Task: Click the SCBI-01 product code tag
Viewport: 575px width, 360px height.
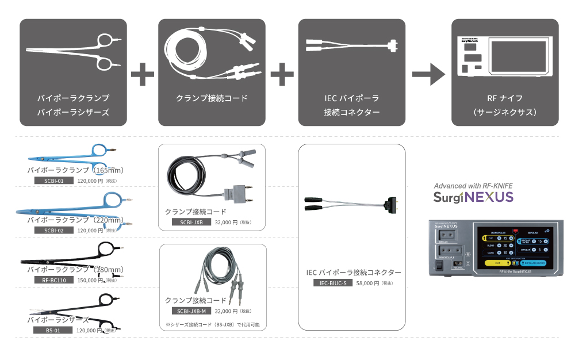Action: [x=50, y=181]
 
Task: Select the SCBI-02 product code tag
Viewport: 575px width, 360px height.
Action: [x=50, y=230]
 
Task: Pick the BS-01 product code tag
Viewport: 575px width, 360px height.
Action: [x=50, y=330]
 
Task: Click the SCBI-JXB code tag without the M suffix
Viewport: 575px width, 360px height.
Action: [x=190, y=222]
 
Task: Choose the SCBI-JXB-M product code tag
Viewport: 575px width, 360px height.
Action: [x=191, y=311]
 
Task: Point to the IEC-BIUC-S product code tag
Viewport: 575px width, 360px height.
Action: [x=332, y=283]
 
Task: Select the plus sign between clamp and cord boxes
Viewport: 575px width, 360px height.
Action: [x=143, y=73]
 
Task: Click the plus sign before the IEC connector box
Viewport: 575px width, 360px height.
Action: [x=282, y=73]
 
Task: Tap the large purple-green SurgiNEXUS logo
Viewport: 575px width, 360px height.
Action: [x=473, y=197]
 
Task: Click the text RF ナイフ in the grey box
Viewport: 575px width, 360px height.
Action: [x=504, y=98]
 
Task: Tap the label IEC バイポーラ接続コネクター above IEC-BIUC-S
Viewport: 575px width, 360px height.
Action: [x=354, y=272]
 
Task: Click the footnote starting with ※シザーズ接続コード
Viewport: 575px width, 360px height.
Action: [x=212, y=325]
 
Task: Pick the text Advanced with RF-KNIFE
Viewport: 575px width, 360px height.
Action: [x=473, y=186]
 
